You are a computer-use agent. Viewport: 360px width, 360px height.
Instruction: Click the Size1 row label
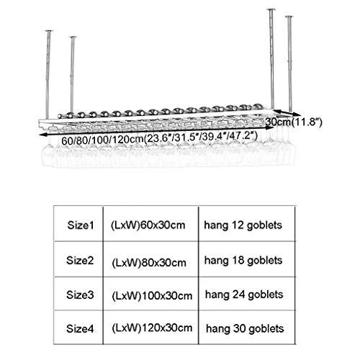click(81, 225)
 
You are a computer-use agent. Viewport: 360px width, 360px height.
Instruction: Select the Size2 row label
click(80, 261)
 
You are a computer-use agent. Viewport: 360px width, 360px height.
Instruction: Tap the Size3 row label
click(80, 294)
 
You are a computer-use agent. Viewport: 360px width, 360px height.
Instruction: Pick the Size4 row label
click(80, 328)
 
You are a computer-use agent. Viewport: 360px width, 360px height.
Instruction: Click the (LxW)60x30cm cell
click(148, 225)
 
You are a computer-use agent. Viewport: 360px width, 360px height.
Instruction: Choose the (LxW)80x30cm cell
click(149, 263)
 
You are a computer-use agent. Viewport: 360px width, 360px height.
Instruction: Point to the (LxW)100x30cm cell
click(152, 296)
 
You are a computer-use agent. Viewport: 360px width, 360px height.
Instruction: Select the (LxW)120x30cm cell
click(152, 328)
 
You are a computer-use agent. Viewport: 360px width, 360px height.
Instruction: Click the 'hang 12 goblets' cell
click(243, 225)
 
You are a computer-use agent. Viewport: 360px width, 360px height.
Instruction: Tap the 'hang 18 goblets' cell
click(243, 261)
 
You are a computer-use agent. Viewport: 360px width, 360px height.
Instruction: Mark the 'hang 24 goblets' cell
click(244, 295)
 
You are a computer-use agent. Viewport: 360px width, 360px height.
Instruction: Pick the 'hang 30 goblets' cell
click(245, 329)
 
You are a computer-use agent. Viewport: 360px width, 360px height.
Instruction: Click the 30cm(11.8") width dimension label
click(294, 122)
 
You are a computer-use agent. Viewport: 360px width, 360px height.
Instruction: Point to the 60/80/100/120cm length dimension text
click(159, 138)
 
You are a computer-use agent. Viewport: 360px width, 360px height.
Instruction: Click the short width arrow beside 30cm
click(287, 112)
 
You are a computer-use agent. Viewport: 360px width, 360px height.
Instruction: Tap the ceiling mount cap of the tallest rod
click(271, 9)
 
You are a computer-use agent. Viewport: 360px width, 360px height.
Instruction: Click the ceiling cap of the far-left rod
click(49, 31)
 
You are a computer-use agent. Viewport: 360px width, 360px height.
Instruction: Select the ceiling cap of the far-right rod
click(289, 17)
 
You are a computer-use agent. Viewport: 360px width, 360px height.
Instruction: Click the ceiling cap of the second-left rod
click(73, 37)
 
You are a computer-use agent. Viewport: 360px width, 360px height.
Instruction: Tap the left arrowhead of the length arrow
click(42, 135)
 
